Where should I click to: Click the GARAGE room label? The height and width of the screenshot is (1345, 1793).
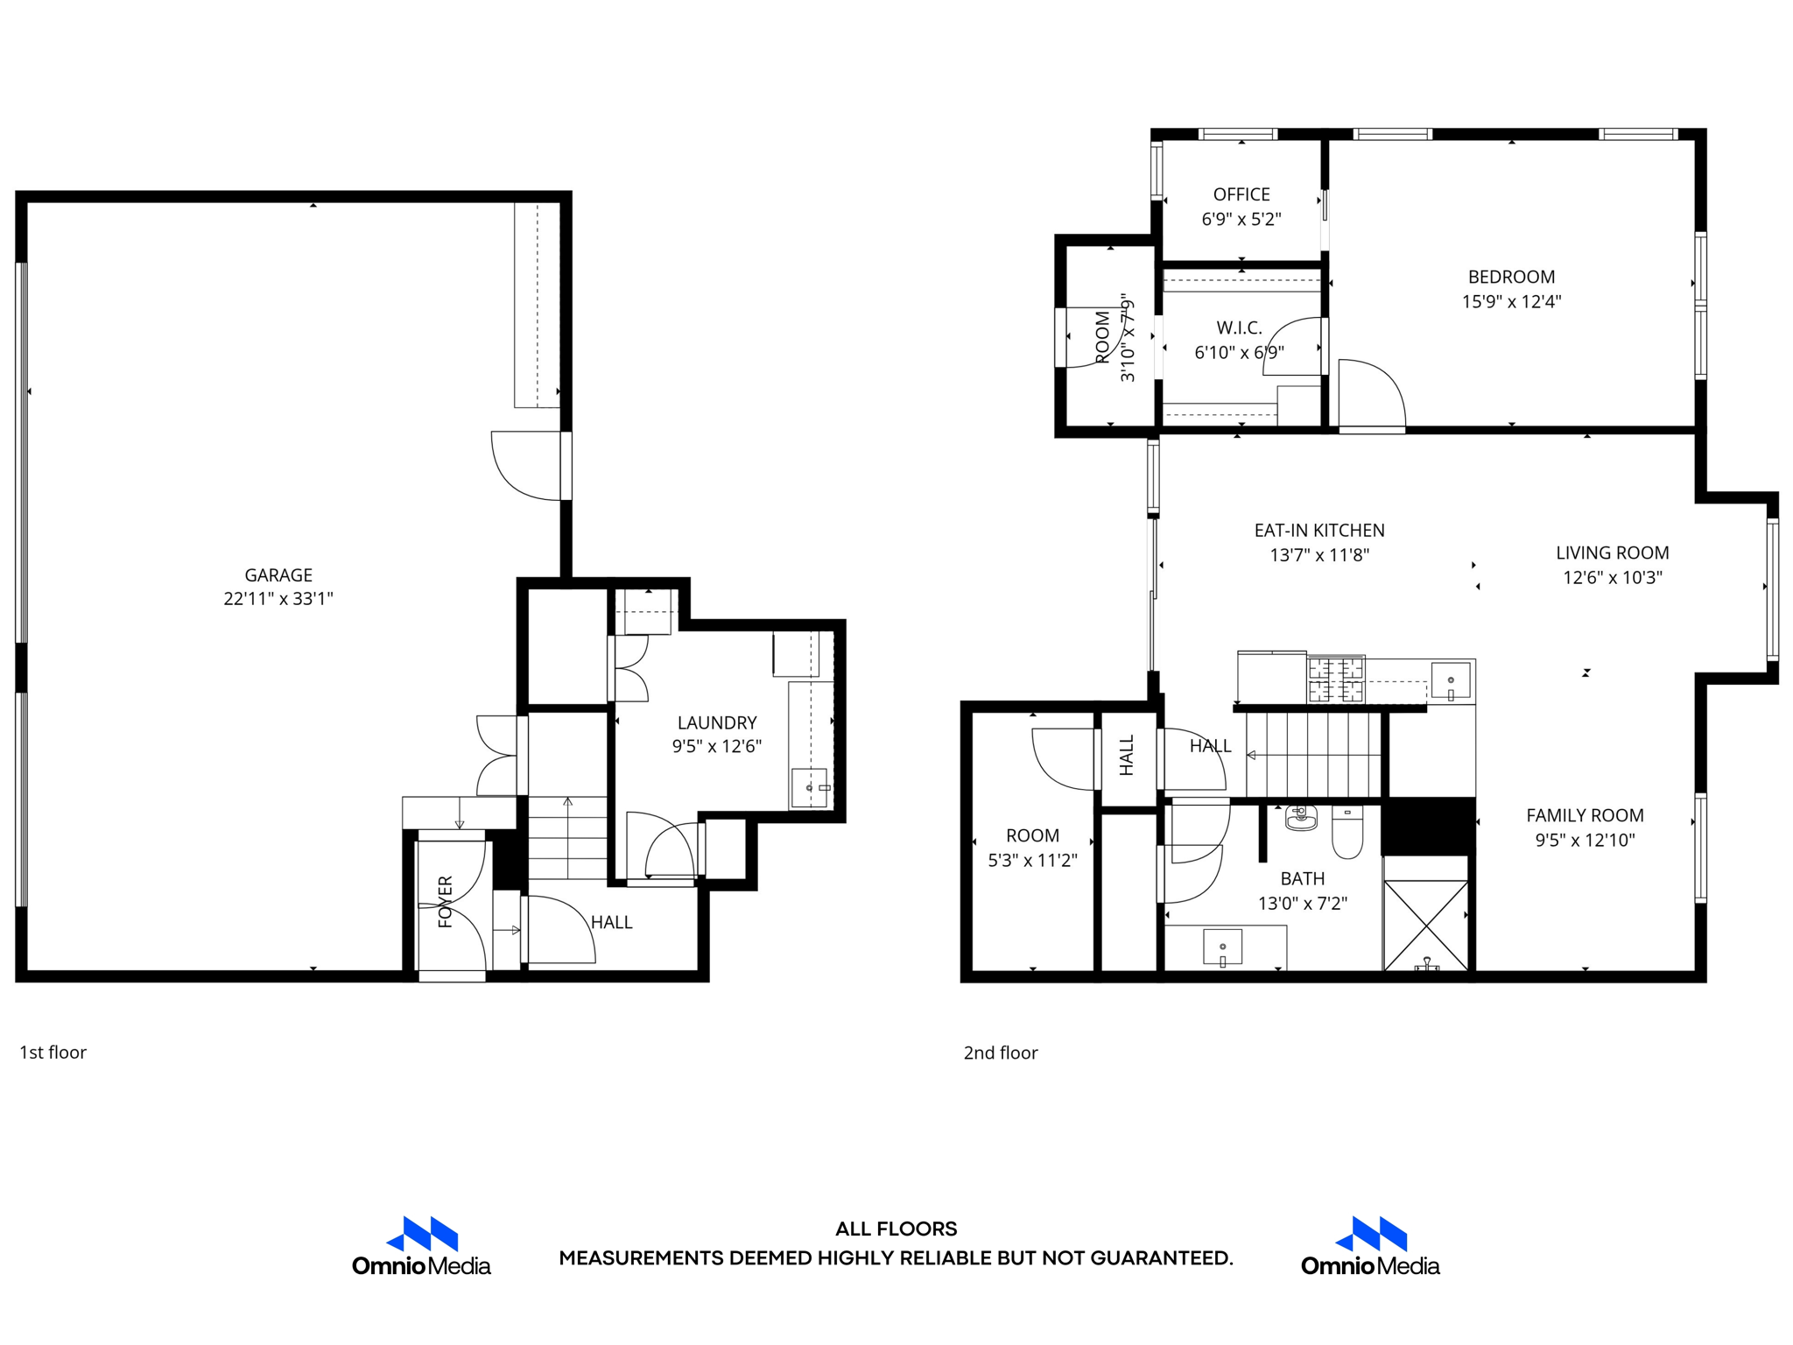point(278,575)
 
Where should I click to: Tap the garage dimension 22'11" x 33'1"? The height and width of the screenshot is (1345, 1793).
point(278,599)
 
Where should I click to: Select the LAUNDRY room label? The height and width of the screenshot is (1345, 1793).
point(716,722)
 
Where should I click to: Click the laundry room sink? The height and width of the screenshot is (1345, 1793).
point(809,787)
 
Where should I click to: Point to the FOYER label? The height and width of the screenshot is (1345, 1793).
point(445,901)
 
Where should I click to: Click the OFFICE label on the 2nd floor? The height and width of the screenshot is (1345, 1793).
point(1241,194)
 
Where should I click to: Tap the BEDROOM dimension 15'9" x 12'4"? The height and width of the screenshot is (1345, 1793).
point(1511,302)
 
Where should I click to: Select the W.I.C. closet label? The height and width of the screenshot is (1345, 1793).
point(1239,328)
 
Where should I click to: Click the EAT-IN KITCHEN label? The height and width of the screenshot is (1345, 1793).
point(1318,531)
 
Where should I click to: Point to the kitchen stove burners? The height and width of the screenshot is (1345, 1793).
point(1336,680)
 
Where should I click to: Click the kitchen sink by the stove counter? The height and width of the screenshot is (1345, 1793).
point(1451,680)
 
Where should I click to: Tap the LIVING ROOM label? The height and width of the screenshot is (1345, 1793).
point(1612,553)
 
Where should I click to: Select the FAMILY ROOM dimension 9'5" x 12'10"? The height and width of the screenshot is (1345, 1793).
point(1585,841)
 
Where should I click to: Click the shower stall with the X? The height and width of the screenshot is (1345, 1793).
point(1425,925)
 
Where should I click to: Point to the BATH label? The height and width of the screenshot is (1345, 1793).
point(1302,879)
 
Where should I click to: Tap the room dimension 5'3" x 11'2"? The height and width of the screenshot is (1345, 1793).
point(1032,861)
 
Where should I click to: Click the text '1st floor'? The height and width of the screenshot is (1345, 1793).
point(53,1053)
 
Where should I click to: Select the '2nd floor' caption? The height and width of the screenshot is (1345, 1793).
point(1000,1053)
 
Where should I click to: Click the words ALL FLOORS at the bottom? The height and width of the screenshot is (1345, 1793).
point(896,1229)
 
